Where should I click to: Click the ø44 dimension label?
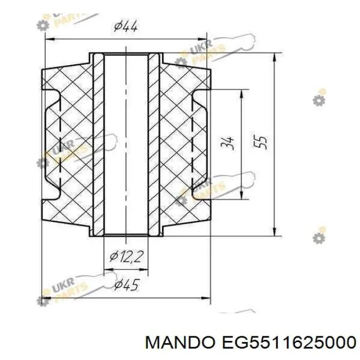tap(126, 26)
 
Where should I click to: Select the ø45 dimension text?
tap(127, 285)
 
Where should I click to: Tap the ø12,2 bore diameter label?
tap(127, 257)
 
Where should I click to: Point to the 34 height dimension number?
tap(228, 143)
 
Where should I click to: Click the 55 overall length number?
tap(260, 142)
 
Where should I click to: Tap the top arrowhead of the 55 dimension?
tap(275, 57)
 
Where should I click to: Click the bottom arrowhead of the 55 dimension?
tap(275, 231)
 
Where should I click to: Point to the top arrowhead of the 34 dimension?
tap(242, 94)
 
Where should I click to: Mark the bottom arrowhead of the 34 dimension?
tap(242, 195)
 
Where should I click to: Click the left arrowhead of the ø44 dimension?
tap(50, 39)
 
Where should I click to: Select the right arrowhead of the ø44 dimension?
tap(202, 39)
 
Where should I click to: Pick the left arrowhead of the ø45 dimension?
tap(47, 298)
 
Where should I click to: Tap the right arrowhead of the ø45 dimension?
tap(206, 298)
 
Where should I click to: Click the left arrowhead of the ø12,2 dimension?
tap(109, 269)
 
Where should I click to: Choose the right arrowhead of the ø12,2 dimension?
tap(143, 269)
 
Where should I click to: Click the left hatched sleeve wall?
tap(99, 145)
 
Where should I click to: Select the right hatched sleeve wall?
tap(154, 145)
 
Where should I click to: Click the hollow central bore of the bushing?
tap(126, 145)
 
